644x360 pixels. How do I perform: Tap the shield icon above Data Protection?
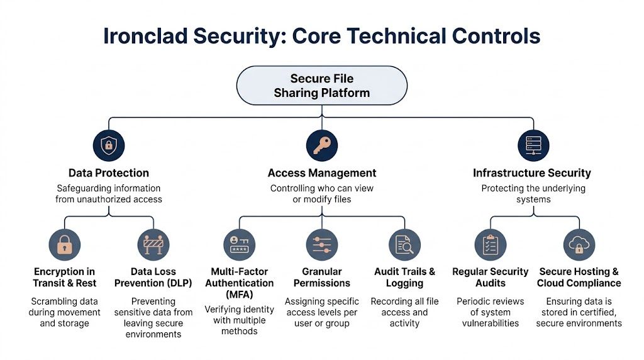[109, 146]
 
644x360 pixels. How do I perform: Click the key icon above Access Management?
[321, 146]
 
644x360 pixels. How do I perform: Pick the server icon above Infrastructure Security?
[533, 146]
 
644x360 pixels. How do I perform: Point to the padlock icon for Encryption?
[65, 245]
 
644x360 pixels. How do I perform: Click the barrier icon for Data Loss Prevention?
[153, 245]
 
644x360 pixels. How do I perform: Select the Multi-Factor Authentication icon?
[240, 245]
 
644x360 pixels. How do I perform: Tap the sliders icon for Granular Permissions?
[321, 245]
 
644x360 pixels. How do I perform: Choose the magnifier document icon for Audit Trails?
[404, 245]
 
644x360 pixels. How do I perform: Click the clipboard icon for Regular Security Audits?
[490, 245]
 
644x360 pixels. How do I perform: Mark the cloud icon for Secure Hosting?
[579, 245]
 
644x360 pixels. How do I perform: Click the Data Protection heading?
[109, 173]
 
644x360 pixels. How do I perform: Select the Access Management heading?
[321, 173]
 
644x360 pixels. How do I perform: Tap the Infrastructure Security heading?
[532, 173]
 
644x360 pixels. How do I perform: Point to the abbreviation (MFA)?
[240, 295]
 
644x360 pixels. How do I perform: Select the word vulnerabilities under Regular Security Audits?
[490, 323]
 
